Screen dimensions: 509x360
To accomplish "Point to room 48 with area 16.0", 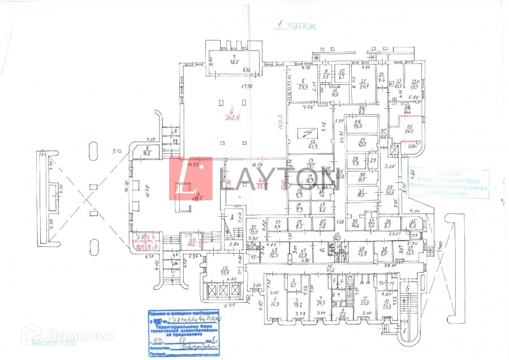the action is click(274, 253).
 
